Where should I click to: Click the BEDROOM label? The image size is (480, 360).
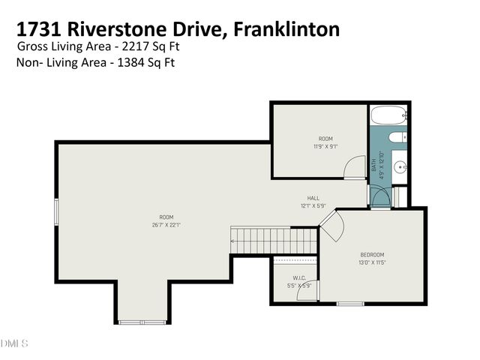coord(372,255)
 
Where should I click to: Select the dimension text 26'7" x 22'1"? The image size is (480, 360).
coord(166,224)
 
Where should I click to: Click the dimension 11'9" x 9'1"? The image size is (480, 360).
coord(325,147)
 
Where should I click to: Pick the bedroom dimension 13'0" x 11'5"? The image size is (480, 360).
coord(372,263)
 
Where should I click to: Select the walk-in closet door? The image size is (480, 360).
coord(306,290)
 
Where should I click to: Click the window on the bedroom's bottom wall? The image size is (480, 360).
coord(349,304)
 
